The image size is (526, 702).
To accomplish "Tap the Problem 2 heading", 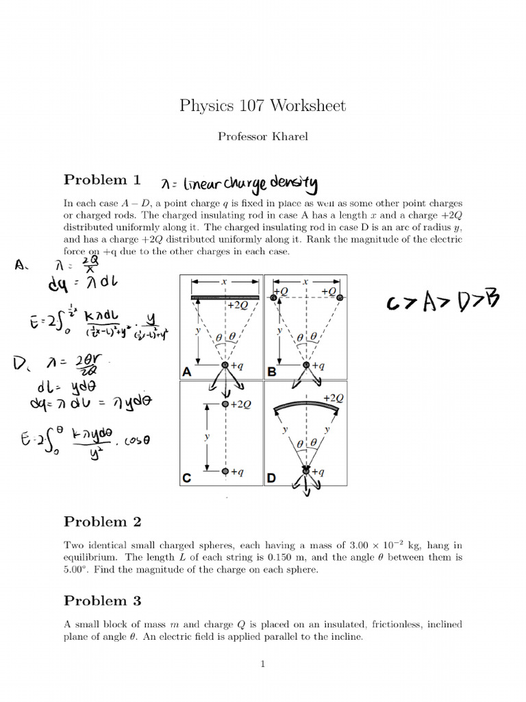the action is click(102, 522).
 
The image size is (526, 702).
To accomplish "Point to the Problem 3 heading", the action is click(102, 601).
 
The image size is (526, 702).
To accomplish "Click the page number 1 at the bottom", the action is click(262, 664).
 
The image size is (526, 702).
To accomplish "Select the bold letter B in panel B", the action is click(271, 372).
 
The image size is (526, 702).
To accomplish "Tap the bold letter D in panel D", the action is click(271, 479).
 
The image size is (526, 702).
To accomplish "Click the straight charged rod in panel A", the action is click(225, 296).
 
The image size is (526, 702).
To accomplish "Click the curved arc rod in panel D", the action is click(306, 407).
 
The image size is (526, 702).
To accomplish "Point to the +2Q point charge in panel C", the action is click(225, 404).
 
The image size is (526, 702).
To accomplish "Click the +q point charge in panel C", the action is click(225, 472).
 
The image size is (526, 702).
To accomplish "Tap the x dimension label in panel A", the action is click(225, 281).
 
